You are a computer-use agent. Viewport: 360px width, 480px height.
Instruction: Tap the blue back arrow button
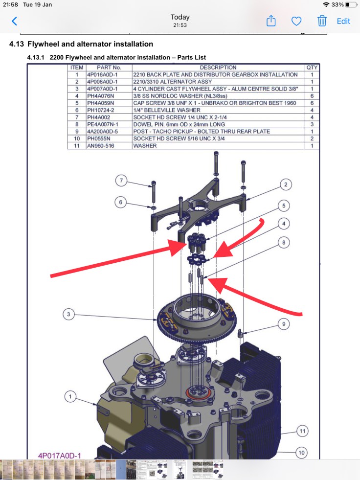(14, 21)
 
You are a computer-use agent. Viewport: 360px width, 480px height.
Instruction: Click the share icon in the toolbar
(271, 21)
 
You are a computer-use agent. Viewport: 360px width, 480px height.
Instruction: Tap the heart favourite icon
(296, 21)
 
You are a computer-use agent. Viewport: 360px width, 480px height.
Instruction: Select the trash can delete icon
(322, 21)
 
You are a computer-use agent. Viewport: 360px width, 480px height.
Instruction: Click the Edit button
(343, 21)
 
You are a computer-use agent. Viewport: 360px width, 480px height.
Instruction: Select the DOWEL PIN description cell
(179, 124)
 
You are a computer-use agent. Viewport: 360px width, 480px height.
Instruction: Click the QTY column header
(312, 68)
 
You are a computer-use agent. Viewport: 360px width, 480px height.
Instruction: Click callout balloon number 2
(286, 184)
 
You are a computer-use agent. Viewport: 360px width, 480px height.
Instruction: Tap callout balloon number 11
(303, 431)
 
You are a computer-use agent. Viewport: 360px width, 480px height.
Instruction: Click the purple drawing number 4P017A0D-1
(60, 456)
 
